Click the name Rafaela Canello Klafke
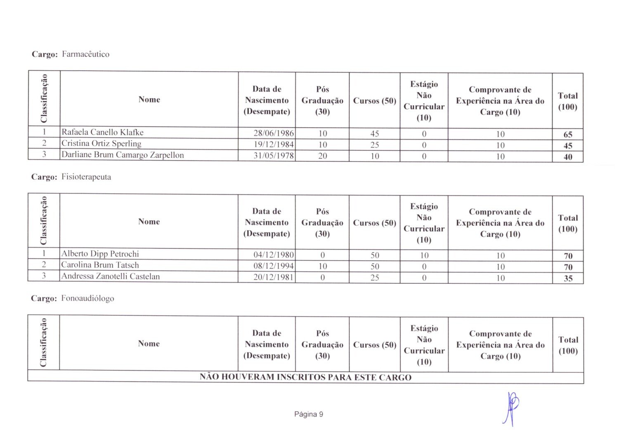(x=102, y=132)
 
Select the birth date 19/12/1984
(x=274, y=145)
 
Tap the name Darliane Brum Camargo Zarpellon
(x=123, y=155)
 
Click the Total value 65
(x=568, y=135)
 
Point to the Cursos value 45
(x=375, y=134)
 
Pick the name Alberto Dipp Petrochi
(x=100, y=254)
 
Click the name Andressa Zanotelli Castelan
(x=110, y=276)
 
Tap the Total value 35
(x=568, y=279)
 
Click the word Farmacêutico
(x=85, y=54)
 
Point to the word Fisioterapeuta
(x=86, y=177)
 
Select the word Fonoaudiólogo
(x=87, y=298)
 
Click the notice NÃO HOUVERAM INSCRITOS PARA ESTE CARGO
(x=305, y=377)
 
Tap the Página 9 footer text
(x=309, y=414)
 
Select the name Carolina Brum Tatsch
(x=100, y=265)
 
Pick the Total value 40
(x=568, y=157)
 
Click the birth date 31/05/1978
(x=274, y=156)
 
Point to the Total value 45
(x=568, y=146)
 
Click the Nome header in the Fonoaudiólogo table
(x=149, y=343)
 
